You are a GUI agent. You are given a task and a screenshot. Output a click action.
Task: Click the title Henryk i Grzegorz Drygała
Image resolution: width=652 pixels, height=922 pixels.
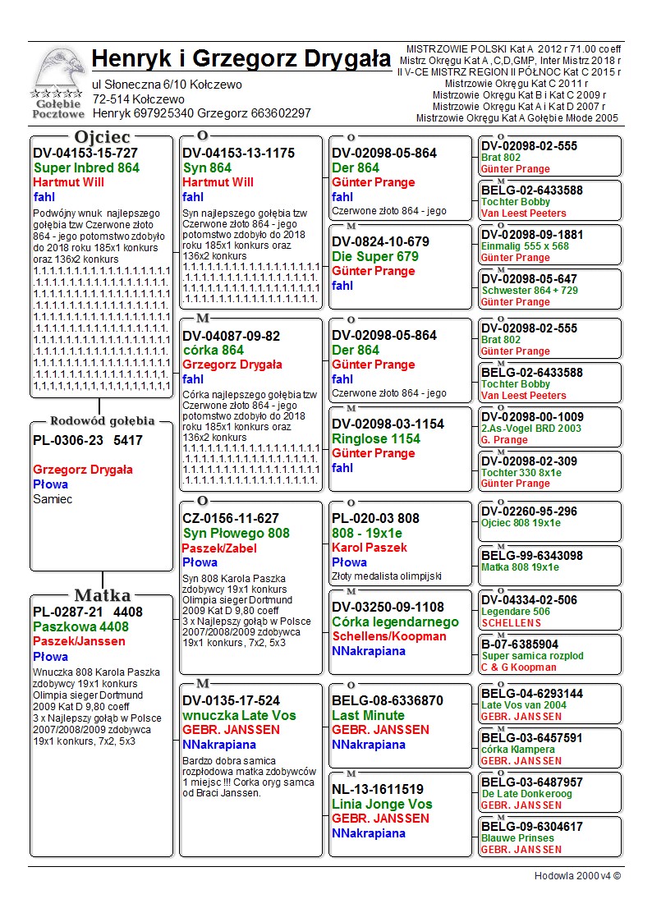[x=241, y=59]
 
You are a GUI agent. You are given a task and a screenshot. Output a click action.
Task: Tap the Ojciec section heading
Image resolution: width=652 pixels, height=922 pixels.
[x=102, y=137]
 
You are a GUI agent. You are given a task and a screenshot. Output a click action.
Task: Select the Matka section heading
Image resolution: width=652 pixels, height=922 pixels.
[x=102, y=595]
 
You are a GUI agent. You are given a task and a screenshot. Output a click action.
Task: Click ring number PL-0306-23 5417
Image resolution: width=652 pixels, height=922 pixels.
[x=88, y=440]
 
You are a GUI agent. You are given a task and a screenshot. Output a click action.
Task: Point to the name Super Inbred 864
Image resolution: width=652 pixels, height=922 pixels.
[x=86, y=167]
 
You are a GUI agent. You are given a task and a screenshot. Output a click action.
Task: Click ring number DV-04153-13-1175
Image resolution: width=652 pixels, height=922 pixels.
[x=238, y=153]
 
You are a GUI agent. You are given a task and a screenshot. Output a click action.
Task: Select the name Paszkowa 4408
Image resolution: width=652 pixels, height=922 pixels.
[x=80, y=626]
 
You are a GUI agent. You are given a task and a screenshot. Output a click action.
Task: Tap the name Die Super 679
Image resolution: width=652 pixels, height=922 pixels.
[x=374, y=256]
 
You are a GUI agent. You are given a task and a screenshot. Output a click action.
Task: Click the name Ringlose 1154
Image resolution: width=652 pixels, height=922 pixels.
[x=375, y=438]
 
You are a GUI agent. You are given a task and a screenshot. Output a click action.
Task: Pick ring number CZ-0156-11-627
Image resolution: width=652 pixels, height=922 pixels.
[x=231, y=518]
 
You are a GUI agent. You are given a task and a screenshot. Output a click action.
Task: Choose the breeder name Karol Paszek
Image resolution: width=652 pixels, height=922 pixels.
[x=369, y=548]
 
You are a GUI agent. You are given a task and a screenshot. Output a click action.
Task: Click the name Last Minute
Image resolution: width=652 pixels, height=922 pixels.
[x=368, y=715]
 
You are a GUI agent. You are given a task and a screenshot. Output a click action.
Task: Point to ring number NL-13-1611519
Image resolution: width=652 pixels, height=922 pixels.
[x=378, y=789]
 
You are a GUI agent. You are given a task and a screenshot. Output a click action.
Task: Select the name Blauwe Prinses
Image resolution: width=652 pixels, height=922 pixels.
[x=517, y=838]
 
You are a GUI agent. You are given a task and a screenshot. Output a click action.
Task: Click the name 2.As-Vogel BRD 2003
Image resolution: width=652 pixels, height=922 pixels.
[x=530, y=429]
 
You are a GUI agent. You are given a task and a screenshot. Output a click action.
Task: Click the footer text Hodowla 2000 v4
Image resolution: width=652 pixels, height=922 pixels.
[x=577, y=875]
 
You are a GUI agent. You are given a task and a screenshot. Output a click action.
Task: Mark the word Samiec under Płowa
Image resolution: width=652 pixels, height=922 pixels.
[x=53, y=499]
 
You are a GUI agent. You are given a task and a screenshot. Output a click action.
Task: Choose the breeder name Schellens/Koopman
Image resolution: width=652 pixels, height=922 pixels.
[x=389, y=636]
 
